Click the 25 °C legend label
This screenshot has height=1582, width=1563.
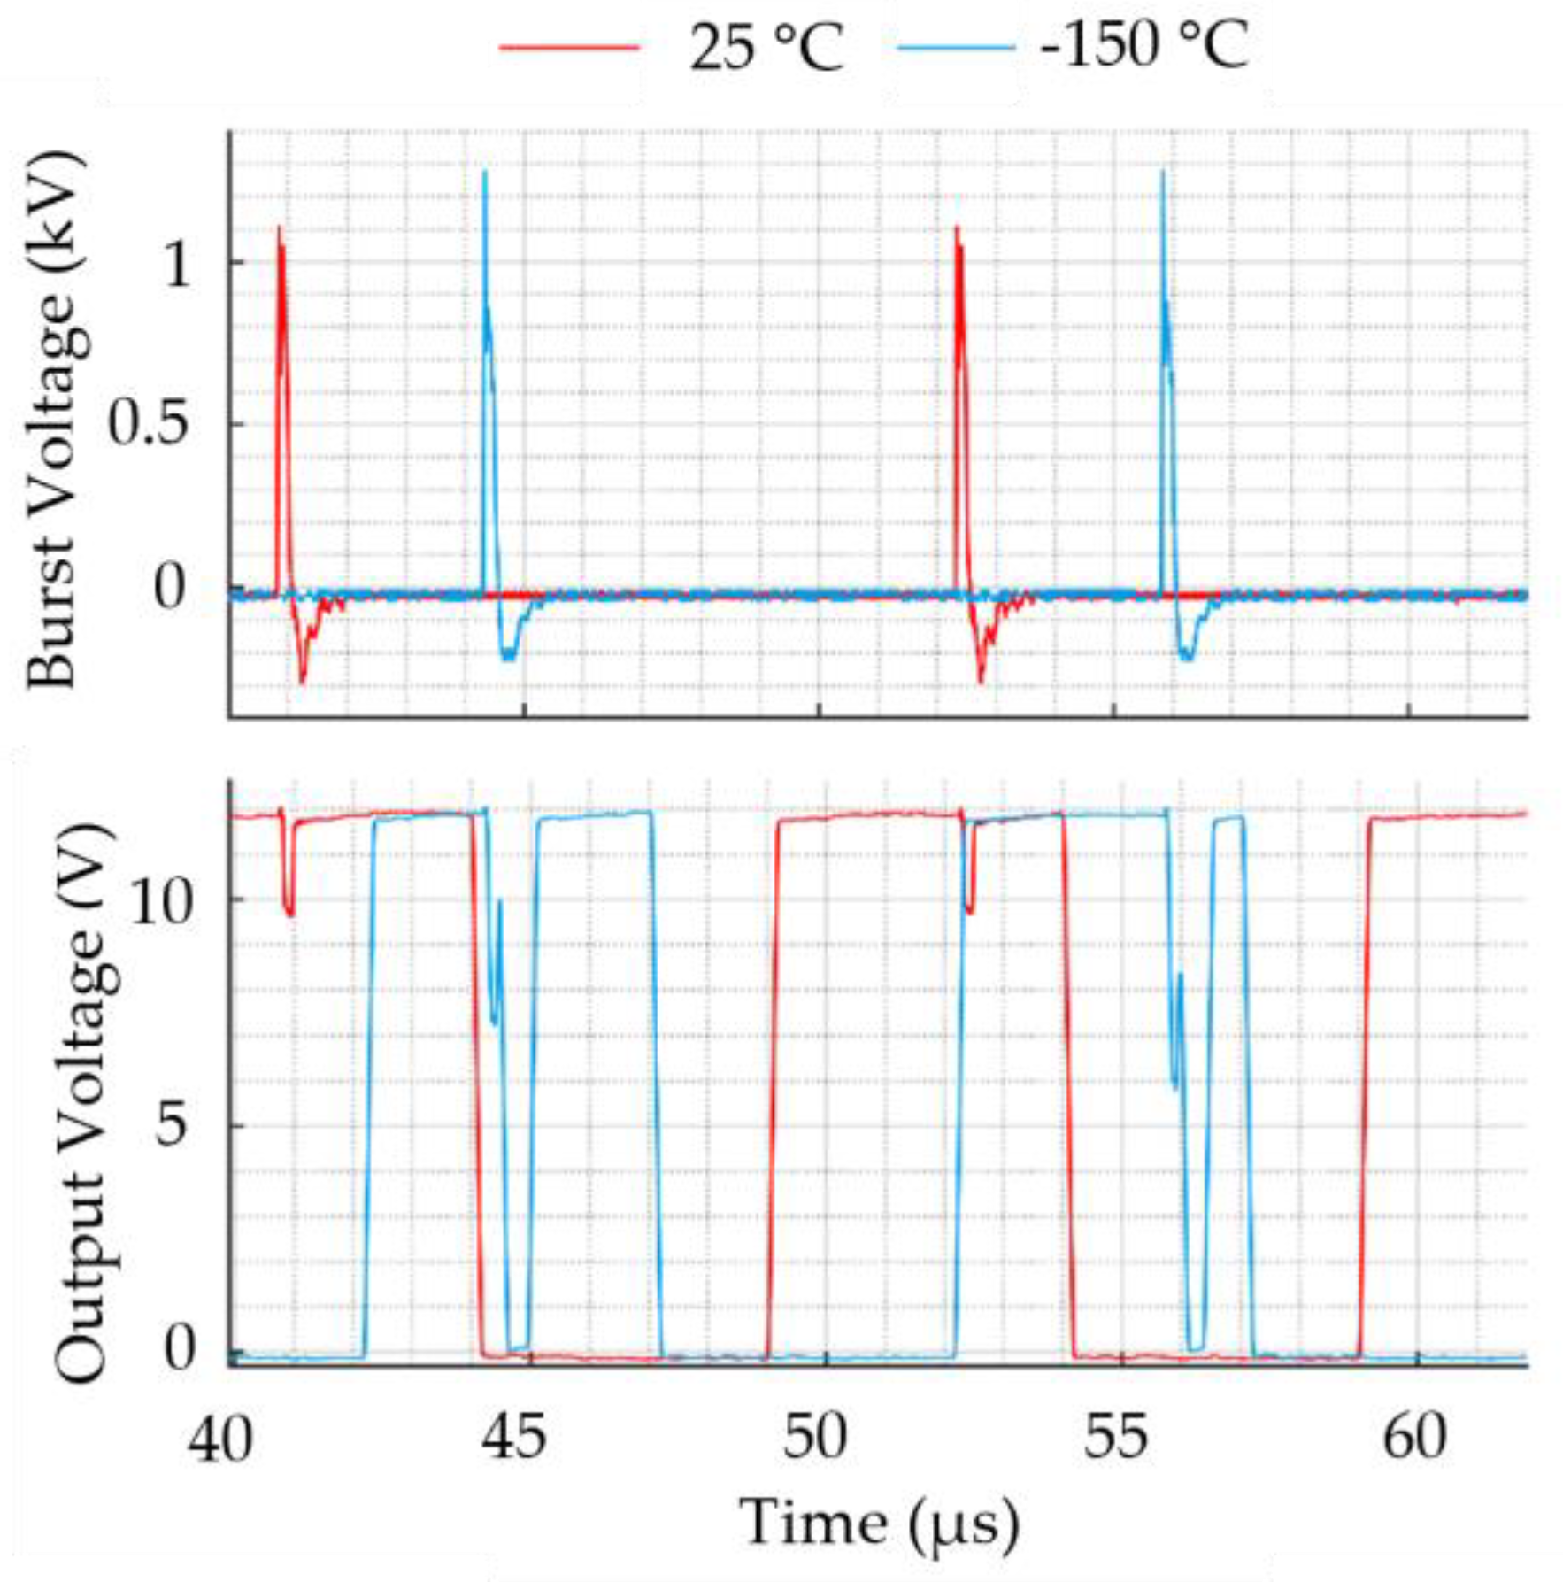coord(766,47)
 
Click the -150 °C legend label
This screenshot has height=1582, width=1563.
coord(1143,45)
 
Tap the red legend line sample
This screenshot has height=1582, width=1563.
coord(569,47)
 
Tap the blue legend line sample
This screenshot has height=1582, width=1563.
coord(956,47)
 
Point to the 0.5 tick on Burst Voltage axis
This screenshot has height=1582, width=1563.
coord(148,423)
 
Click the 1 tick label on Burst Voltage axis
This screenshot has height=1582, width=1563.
coord(177,263)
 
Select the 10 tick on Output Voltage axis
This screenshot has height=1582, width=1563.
coord(160,902)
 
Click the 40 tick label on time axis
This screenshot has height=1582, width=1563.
coord(219,1439)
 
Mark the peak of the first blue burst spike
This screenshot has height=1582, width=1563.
coord(484,172)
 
